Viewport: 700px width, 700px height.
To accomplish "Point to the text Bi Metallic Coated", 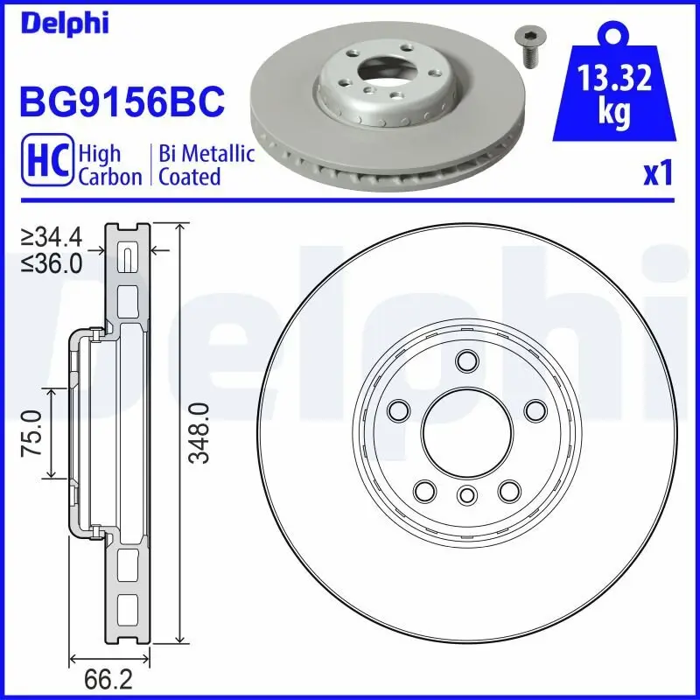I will (206, 165).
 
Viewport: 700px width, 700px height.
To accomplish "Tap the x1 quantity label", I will (657, 175).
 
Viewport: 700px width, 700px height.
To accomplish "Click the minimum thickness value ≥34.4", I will (57, 236).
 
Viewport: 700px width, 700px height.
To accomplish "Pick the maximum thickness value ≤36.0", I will (57, 262).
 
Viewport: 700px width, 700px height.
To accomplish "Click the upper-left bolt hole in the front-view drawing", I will (398, 409).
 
